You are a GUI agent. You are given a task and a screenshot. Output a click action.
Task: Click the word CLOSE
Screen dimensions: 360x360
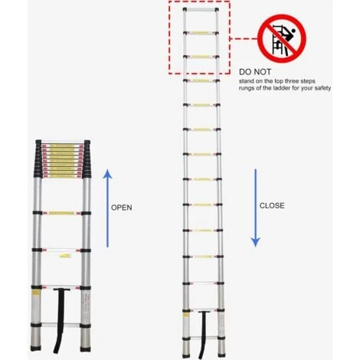coord(272,205)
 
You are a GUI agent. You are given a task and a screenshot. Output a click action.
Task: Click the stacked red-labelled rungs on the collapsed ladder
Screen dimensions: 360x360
coord(61,157)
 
